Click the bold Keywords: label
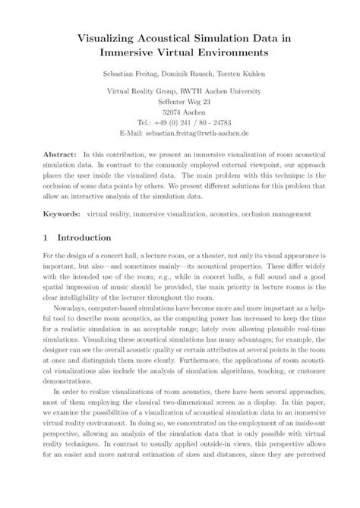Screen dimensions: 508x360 click(x=62, y=213)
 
